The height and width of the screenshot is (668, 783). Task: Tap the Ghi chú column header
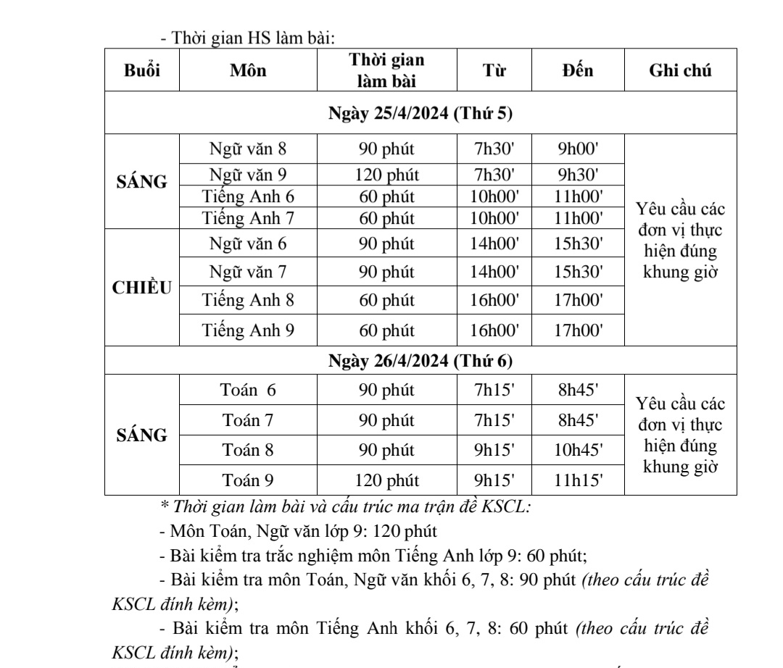(x=680, y=70)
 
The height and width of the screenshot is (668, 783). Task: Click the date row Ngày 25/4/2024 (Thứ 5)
(x=420, y=113)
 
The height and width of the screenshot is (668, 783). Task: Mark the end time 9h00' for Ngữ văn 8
(x=579, y=151)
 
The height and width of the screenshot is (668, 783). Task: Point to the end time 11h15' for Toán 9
(x=579, y=479)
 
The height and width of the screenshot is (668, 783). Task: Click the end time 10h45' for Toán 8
(x=579, y=450)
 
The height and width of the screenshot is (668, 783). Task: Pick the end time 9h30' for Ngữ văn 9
(x=579, y=174)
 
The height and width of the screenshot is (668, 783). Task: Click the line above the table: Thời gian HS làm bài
(x=246, y=38)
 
